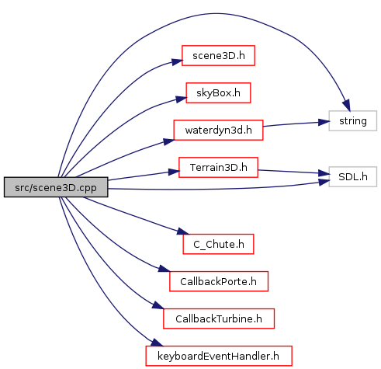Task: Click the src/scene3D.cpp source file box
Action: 56,187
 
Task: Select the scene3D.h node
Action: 218,56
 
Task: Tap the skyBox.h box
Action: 218,93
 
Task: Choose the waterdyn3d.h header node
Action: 218,130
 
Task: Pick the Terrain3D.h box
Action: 218,167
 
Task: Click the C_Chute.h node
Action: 218,244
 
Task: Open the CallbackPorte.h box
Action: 219,281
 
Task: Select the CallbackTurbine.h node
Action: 219,319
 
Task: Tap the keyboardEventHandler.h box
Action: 219,356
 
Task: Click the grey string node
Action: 353,120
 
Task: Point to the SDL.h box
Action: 353,176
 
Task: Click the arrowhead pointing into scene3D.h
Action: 177,62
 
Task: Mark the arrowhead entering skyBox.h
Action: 181,99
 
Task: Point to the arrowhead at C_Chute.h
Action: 183,231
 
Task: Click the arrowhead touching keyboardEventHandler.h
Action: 157,343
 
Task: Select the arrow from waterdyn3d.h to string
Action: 296,124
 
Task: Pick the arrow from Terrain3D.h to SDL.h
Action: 293,172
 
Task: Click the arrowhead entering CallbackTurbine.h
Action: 158,305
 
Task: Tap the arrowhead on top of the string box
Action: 347,106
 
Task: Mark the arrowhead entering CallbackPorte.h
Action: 164,269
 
